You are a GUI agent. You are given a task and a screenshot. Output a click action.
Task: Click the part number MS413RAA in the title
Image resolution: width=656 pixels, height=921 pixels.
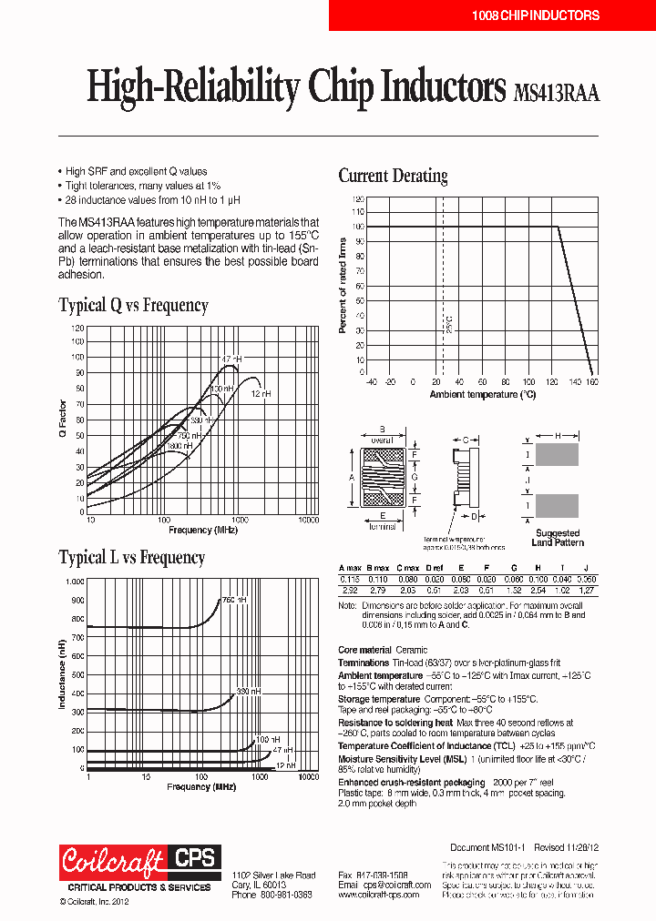[556, 91]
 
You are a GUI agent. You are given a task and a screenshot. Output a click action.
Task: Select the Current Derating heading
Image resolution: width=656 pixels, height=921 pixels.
[393, 176]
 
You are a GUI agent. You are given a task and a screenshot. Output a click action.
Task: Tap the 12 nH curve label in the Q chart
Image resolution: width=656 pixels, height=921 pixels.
[261, 393]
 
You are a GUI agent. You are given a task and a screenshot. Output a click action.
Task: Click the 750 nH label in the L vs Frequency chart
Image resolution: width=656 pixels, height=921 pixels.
[233, 599]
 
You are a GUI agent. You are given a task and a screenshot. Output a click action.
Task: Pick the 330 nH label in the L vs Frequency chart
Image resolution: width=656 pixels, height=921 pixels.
[249, 692]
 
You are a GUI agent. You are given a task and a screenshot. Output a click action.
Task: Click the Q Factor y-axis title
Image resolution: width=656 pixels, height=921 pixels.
[64, 420]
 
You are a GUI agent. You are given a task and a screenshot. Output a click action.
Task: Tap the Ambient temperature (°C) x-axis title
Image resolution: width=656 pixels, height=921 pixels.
[482, 395]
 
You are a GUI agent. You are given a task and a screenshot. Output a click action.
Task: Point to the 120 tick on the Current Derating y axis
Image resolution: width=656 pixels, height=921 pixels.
[358, 197]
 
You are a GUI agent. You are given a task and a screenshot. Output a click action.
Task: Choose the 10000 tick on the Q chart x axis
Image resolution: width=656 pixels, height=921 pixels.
[309, 520]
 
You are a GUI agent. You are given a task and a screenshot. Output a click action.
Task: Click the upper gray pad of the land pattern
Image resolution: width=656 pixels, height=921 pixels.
[556, 455]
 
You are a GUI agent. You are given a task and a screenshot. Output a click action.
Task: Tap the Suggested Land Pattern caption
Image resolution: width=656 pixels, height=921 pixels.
[556, 538]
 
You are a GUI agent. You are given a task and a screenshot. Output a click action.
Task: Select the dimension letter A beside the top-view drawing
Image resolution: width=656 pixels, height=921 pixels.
[351, 477]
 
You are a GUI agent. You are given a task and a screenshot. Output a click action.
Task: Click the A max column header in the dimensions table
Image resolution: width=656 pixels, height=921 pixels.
[350, 567]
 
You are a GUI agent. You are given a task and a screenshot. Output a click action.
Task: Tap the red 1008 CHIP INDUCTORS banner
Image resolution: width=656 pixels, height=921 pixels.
[536, 15]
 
